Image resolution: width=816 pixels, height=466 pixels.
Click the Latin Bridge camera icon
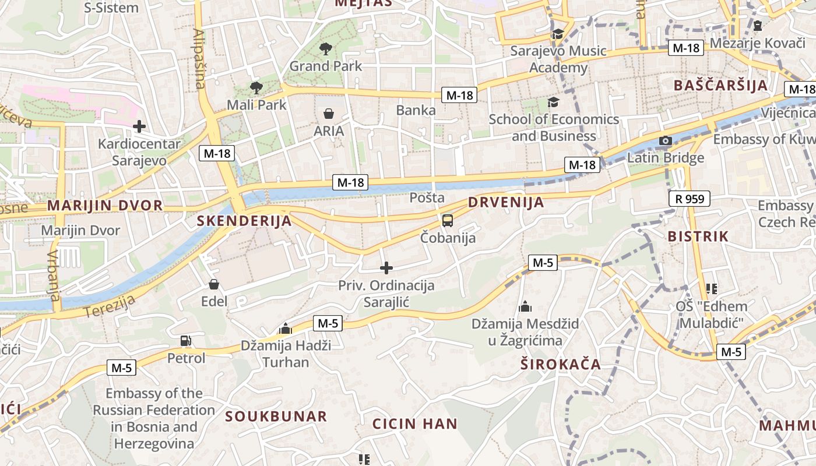pyautogui.click(x=665, y=140)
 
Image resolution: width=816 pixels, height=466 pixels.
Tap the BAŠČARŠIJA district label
pyautogui.click(x=720, y=86)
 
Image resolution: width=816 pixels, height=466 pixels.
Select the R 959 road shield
pyautogui.click(x=690, y=199)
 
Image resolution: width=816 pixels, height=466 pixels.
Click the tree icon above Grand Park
pyautogui.click(x=325, y=49)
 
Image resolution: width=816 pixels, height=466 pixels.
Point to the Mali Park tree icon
pyautogui.click(x=255, y=88)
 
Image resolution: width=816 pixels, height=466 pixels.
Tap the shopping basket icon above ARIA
pyautogui.click(x=329, y=114)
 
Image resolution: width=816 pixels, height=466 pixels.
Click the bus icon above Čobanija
pyautogui.click(x=447, y=221)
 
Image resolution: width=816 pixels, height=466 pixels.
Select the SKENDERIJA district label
pyautogui.click(x=244, y=221)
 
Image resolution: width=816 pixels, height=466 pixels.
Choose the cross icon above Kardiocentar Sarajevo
pyautogui.click(x=139, y=126)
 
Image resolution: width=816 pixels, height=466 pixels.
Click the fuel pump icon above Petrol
pyautogui.click(x=186, y=341)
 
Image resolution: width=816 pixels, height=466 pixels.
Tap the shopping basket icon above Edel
pyautogui.click(x=214, y=284)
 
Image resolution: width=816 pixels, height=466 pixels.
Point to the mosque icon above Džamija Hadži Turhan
pyautogui.click(x=286, y=329)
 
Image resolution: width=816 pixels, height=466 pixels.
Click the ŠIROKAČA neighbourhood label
pyautogui.click(x=560, y=365)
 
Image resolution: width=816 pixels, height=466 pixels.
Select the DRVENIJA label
pyautogui.click(x=506, y=203)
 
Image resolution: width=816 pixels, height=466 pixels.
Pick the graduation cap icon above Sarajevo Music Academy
pyautogui.click(x=558, y=34)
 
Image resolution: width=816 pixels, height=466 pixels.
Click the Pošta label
pyautogui.click(x=427, y=197)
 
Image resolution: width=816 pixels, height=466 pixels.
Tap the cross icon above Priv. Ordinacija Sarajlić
pyautogui.click(x=386, y=268)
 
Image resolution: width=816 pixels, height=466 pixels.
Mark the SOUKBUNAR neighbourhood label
pyautogui.click(x=276, y=416)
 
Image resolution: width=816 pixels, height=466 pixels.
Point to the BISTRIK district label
pyautogui.click(x=698, y=236)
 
